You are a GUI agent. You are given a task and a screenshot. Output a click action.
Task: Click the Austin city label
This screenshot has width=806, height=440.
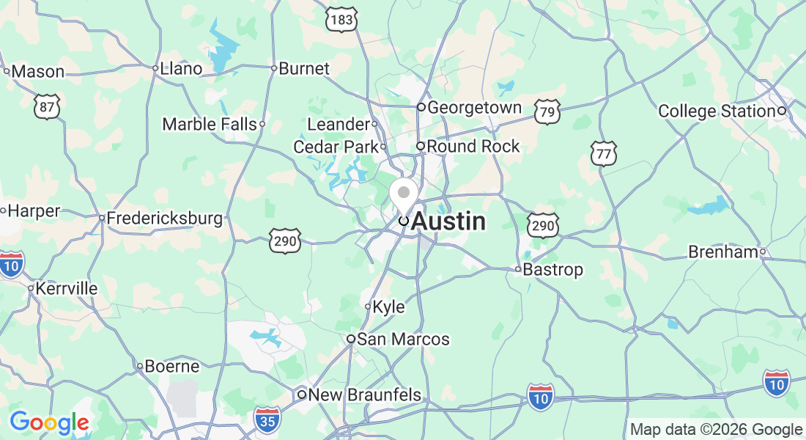click(448, 221)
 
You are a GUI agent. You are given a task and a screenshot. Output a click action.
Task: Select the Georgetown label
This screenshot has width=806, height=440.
click(474, 108)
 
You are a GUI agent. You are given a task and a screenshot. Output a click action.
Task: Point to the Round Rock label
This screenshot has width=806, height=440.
click(473, 147)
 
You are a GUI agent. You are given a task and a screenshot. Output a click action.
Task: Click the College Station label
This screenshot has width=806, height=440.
click(717, 111)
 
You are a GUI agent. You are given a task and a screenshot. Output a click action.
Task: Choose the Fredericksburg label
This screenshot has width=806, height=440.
click(164, 219)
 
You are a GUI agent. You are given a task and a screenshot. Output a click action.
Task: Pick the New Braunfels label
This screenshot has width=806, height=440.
click(364, 395)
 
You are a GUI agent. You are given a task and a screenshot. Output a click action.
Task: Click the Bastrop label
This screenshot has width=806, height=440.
click(553, 270)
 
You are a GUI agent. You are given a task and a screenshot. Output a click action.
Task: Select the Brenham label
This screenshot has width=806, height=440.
click(722, 252)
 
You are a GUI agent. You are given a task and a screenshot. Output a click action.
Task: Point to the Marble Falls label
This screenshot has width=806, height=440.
click(210, 124)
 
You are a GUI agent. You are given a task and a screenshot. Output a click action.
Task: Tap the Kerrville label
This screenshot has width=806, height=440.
click(66, 288)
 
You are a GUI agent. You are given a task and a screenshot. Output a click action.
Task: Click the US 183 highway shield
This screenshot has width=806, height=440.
click(342, 20)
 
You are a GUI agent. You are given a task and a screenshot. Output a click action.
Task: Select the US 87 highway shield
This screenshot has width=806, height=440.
click(46, 107)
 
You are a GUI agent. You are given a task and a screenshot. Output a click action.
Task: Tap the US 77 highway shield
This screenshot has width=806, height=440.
click(604, 153)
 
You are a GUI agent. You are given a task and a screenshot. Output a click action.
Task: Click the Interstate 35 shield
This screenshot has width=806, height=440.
click(267, 419)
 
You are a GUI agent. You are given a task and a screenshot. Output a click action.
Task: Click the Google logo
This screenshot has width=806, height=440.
click(49, 422)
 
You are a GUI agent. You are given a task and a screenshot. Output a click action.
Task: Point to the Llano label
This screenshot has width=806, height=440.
click(180, 69)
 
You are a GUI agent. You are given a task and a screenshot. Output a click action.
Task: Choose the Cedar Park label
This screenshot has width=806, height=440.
click(336, 147)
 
